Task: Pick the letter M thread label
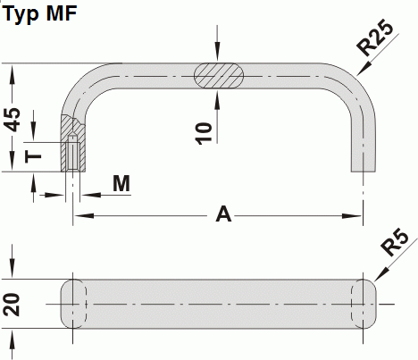122,182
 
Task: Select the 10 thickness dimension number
205,132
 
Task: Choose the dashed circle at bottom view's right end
364,305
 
